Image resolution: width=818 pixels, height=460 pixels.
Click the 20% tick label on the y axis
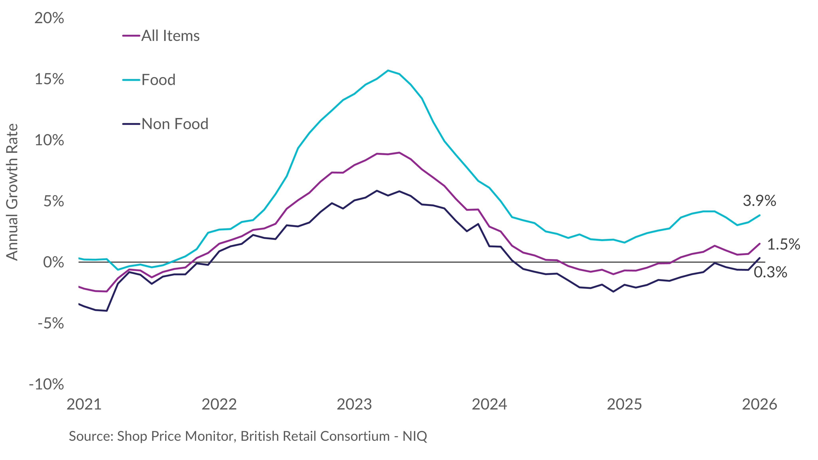(x=49, y=18)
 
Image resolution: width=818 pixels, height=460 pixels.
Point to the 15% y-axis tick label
(x=49, y=79)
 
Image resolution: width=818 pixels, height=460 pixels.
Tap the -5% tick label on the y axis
(x=51, y=323)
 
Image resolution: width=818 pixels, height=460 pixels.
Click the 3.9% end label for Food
(x=759, y=201)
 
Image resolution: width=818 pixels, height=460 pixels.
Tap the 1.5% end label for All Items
(x=783, y=244)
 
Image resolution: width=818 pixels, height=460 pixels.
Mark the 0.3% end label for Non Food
(x=770, y=272)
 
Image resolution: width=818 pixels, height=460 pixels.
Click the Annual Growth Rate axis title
(x=12, y=192)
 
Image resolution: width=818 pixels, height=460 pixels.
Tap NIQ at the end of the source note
(x=415, y=436)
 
